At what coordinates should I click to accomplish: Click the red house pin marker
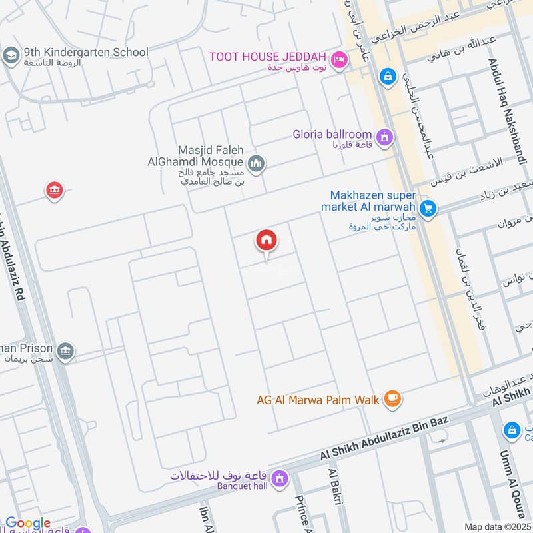coord(266,241)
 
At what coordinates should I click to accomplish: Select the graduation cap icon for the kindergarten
coord(11,56)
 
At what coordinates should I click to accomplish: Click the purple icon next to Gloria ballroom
coord(384,138)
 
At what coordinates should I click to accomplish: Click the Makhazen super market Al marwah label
coord(373,201)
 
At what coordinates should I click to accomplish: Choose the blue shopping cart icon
coord(428,209)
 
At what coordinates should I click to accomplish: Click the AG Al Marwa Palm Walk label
coord(318,400)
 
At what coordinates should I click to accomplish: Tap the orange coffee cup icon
coord(393,399)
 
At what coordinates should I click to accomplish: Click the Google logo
coord(28,523)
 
